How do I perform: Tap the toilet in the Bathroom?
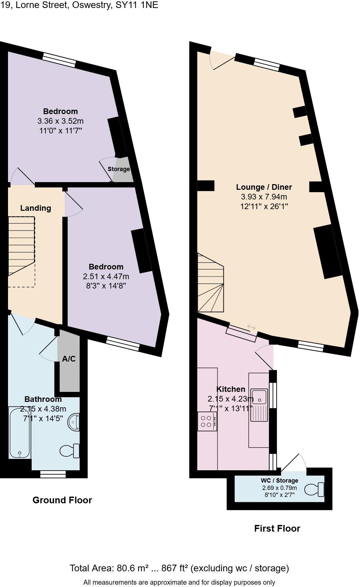coord(70,451)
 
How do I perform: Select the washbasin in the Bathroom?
coord(74,422)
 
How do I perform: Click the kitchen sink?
coord(259,397)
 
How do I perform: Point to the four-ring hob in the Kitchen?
coord(207,422)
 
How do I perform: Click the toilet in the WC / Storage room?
coord(315,489)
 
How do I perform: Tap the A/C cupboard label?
coord(69,359)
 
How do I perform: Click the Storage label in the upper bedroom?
coord(119,169)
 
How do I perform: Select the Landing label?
coord(36,208)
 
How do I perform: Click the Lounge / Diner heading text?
coord(264,187)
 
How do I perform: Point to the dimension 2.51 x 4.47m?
coord(106,276)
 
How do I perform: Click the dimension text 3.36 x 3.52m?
coord(61,121)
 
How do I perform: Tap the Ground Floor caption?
coord(62,500)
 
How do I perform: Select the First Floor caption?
coord(277,528)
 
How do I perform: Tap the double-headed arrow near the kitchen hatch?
coord(251,327)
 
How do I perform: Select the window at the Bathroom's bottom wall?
coord(53,474)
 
